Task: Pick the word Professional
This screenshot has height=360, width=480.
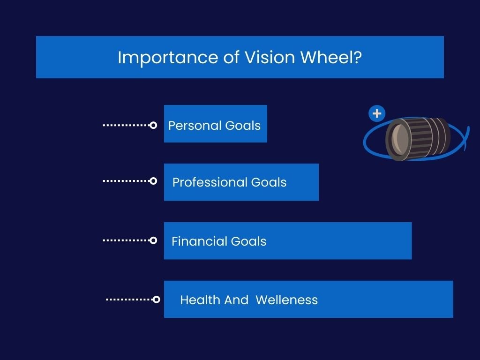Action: (210, 182)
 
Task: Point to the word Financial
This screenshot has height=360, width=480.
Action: (193, 241)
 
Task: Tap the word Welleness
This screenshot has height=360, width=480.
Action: (287, 300)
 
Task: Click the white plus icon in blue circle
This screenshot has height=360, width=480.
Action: (377, 113)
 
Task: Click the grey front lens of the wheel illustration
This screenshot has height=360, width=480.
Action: (399, 139)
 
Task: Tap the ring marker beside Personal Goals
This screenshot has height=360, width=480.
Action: (153, 125)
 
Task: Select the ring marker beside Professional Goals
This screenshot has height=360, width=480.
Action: (153, 181)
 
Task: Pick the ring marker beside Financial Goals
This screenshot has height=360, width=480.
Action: (153, 240)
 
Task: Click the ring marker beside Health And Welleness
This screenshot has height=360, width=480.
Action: (157, 300)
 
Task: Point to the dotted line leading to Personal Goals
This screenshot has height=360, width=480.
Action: (125, 125)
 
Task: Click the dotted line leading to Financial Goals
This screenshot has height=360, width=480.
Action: (125, 240)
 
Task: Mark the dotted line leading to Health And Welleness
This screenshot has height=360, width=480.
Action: (129, 300)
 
